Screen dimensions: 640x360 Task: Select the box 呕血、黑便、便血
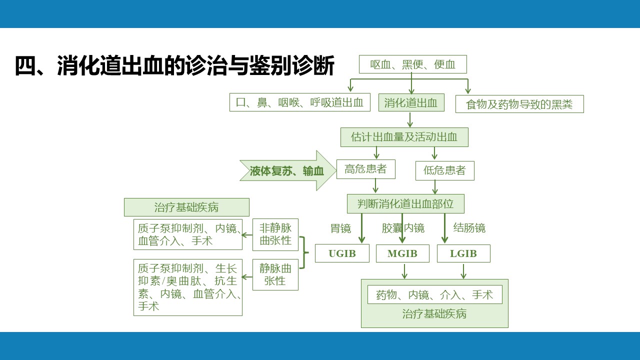(x=413, y=64)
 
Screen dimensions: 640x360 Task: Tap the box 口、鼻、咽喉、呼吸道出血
(x=299, y=102)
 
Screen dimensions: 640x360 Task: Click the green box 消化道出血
(x=411, y=102)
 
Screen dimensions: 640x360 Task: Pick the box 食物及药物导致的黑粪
(x=519, y=104)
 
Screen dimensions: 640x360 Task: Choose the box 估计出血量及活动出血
(x=404, y=137)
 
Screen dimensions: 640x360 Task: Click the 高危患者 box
(x=365, y=169)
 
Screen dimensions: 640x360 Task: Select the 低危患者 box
(x=445, y=170)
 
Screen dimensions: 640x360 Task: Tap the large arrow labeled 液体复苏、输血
(x=288, y=171)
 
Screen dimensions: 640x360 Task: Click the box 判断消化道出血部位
(x=405, y=203)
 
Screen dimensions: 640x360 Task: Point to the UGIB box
(x=342, y=253)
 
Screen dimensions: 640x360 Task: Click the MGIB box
(x=402, y=253)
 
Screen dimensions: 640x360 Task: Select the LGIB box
(x=463, y=253)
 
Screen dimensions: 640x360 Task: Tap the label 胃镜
(x=340, y=228)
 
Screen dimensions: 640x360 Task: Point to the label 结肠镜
(x=469, y=228)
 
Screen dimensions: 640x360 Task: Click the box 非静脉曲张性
(x=275, y=234)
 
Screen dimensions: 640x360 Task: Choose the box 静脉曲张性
(x=275, y=274)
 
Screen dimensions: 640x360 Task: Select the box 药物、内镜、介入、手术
(x=434, y=294)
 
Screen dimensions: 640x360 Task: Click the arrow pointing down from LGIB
(x=463, y=271)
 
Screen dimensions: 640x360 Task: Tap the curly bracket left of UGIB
(x=304, y=252)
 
